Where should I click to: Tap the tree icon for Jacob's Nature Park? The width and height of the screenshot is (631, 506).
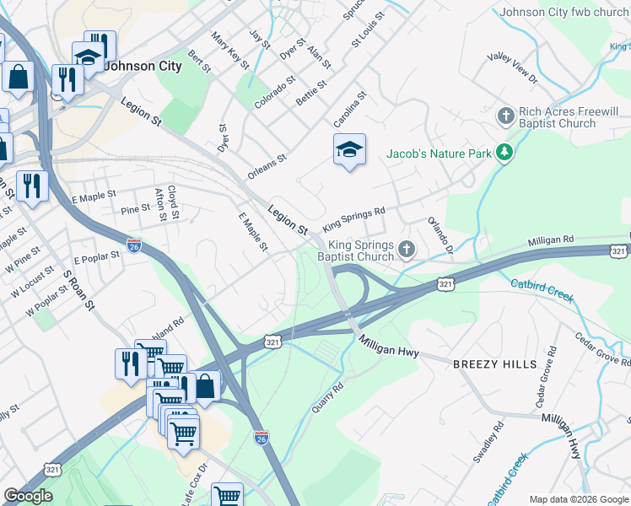[x=505, y=152]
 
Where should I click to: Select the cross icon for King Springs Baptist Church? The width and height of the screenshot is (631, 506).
[x=407, y=249]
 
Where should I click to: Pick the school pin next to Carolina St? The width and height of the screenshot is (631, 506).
[x=349, y=150]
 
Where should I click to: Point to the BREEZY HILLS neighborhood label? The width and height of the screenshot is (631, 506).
[x=494, y=363]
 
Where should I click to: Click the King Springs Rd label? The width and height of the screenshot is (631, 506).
[x=353, y=218]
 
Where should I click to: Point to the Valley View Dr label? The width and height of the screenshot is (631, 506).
[x=512, y=67]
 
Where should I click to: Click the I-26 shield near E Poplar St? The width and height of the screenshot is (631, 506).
[x=134, y=245]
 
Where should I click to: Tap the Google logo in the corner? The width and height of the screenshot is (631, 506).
[x=28, y=496]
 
